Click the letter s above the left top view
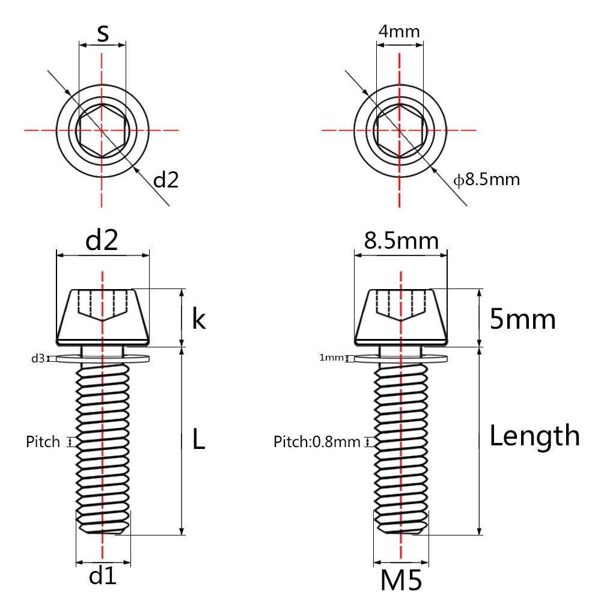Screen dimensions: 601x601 coord(103,34)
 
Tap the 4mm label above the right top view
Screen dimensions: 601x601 coord(398,31)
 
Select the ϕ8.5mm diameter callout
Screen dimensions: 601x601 coord(486,179)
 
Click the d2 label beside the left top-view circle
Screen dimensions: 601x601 coord(166,179)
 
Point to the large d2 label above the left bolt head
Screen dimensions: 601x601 coord(102,240)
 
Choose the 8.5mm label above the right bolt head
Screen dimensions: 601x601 coord(401,241)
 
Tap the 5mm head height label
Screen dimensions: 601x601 coord(522,319)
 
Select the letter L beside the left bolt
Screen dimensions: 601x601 coord(198,439)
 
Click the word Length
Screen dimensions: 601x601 coord(534,436)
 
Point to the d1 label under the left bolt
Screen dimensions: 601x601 coord(102,576)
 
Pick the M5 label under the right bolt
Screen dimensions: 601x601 coord(401,581)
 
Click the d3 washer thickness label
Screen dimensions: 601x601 coord(38,359)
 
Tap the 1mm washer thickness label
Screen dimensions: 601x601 coord(331,358)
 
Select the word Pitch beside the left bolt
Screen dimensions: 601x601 coord(43,442)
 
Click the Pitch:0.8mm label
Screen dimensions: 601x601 coord(317,442)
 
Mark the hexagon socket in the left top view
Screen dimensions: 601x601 coord(102,130)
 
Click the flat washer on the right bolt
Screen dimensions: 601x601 coord(400,359)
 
